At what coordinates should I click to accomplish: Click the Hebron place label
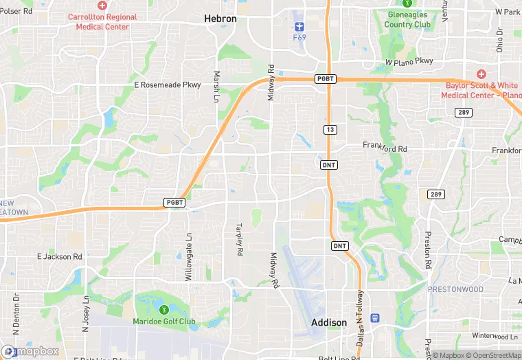tap(220, 19)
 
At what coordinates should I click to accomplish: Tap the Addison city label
tap(329, 322)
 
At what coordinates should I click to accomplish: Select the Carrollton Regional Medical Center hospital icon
tap(102, 5)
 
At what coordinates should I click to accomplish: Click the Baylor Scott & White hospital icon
tap(481, 74)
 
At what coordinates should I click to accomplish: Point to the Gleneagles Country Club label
tap(407, 19)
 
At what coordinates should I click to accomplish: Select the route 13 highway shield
tap(330, 130)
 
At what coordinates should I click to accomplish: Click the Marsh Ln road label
tap(217, 87)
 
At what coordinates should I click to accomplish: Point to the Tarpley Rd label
tap(240, 239)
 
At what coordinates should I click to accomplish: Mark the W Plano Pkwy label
tap(409, 61)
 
